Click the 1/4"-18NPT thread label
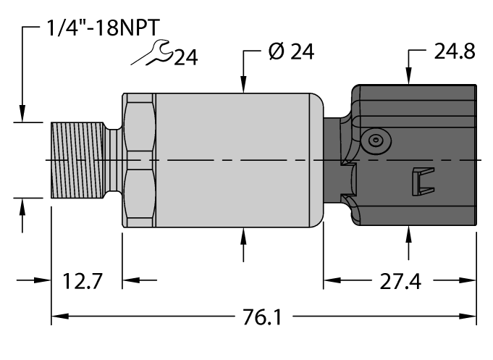(x=101, y=28)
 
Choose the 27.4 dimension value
(x=400, y=281)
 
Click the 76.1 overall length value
(x=263, y=317)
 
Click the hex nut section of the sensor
(x=139, y=159)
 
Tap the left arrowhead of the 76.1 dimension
(x=58, y=317)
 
